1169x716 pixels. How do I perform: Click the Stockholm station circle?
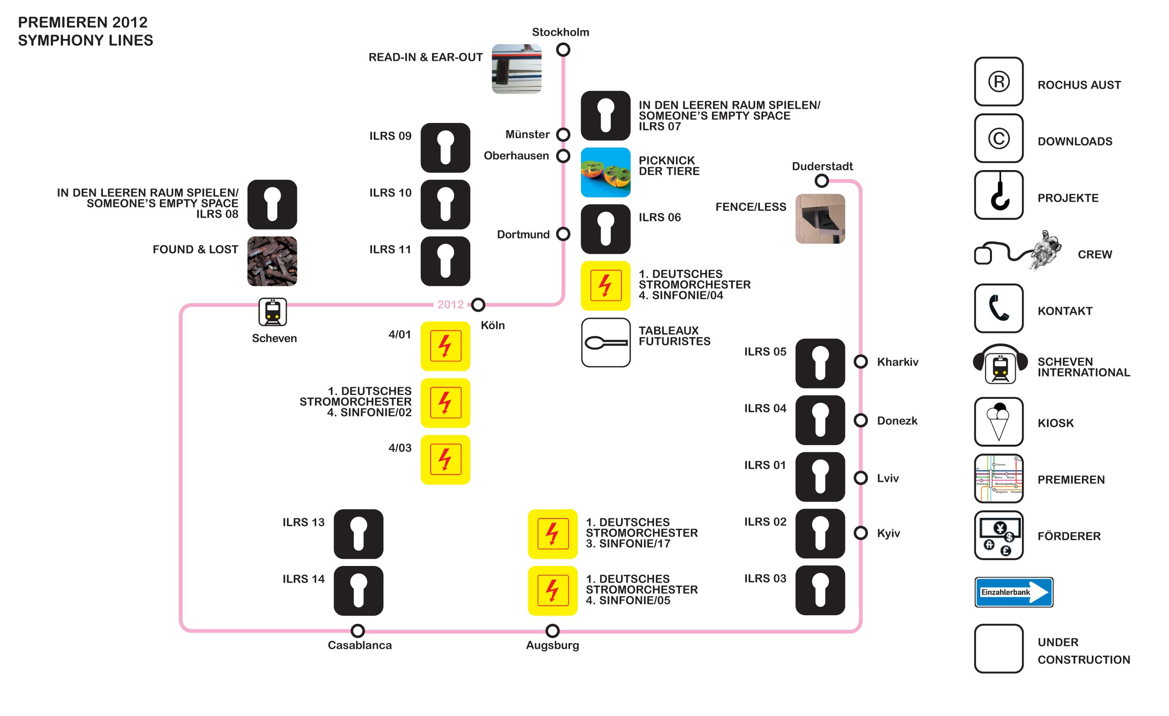pyautogui.click(x=563, y=49)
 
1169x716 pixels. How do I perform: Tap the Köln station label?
pyautogui.click(x=492, y=325)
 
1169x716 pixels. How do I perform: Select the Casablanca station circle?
pyautogui.click(x=358, y=631)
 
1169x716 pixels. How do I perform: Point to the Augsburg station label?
pyautogui.click(x=553, y=645)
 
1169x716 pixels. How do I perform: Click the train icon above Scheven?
pyautogui.click(x=272, y=312)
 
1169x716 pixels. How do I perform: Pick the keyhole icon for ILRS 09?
pyautogui.click(x=445, y=148)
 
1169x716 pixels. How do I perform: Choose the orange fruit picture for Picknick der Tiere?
pyautogui.click(x=605, y=172)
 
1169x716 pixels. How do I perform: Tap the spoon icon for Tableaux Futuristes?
pyautogui.click(x=606, y=342)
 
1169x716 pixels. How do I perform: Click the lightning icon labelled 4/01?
pyautogui.click(x=445, y=346)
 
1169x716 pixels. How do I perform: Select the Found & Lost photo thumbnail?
pyautogui.click(x=272, y=261)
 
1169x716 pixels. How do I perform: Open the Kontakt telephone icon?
pyautogui.click(x=999, y=308)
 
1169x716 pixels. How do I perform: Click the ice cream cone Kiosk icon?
pyautogui.click(x=999, y=421)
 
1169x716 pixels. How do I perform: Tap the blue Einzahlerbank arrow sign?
pyautogui.click(x=1014, y=592)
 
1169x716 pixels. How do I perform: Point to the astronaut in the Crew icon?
pyautogui.click(x=1046, y=250)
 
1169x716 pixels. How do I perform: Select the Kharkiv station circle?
pyautogui.click(x=861, y=362)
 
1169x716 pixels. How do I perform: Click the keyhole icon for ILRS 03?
pyautogui.click(x=820, y=590)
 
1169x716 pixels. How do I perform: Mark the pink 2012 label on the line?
pyautogui.click(x=450, y=304)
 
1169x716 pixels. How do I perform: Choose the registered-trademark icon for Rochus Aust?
pyautogui.click(x=999, y=81)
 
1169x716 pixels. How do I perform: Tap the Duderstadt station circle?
pyautogui.click(x=822, y=181)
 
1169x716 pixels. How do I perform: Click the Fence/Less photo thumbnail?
pyautogui.click(x=820, y=219)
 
